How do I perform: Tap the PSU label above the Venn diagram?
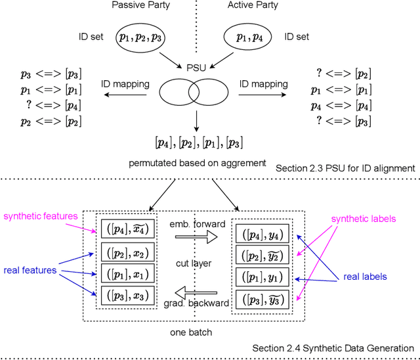197,68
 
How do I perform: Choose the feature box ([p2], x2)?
127,252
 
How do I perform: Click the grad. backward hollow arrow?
197,290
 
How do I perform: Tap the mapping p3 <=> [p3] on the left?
42,72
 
